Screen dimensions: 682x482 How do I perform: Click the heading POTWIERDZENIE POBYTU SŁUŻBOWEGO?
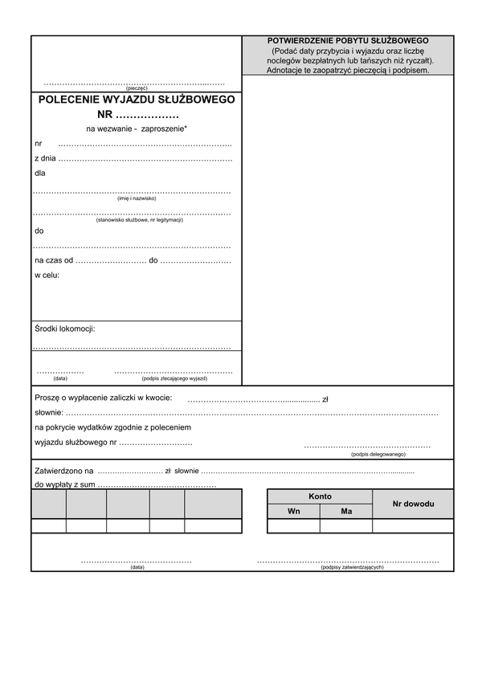[x=348, y=40]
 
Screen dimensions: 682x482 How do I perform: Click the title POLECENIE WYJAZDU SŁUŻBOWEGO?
[x=137, y=100]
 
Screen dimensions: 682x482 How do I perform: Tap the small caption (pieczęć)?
[x=137, y=88]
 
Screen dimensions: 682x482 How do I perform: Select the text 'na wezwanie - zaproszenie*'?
[x=137, y=129]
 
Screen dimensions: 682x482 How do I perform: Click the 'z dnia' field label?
[x=45, y=158]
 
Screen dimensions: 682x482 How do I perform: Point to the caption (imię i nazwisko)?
[x=137, y=198]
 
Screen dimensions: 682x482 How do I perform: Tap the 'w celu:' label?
[x=47, y=276]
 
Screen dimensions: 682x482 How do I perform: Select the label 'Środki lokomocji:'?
[x=65, y=329]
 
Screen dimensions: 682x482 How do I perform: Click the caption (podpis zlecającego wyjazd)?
[x=174, y=378]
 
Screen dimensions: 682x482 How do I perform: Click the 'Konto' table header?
[x=320, y=496]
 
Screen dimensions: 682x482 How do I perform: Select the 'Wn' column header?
[x=293, y=511]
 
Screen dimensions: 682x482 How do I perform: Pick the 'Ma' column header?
[x=346, y=511]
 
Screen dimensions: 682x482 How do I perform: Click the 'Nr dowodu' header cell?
[x=413, y=504]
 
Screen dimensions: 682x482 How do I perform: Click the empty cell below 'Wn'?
[x=293, y=526]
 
